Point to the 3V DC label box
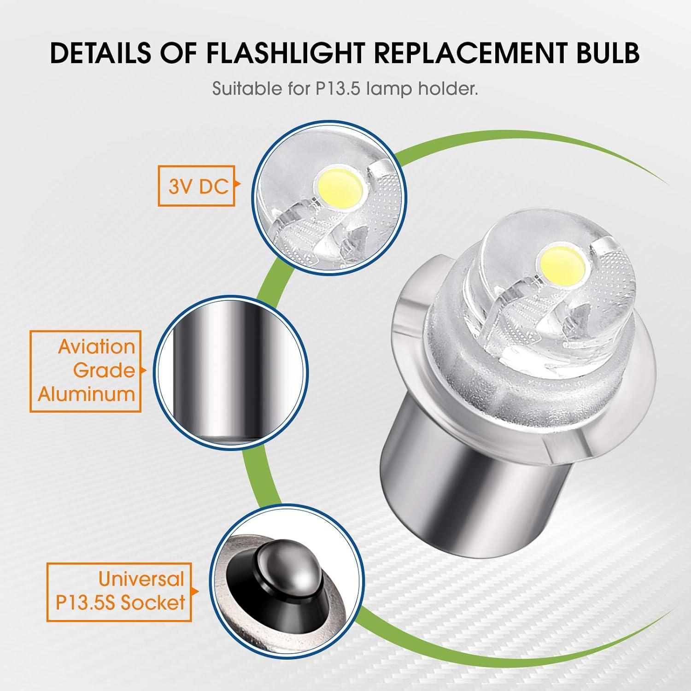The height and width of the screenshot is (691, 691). [197, 185]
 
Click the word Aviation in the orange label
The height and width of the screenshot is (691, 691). [96, 346]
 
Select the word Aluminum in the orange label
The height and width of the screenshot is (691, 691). [86, 394]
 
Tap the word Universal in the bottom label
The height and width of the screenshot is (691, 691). [141, 579]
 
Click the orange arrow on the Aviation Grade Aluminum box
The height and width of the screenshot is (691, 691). [144, 371]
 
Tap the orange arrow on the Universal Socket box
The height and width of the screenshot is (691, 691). [194, 591]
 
